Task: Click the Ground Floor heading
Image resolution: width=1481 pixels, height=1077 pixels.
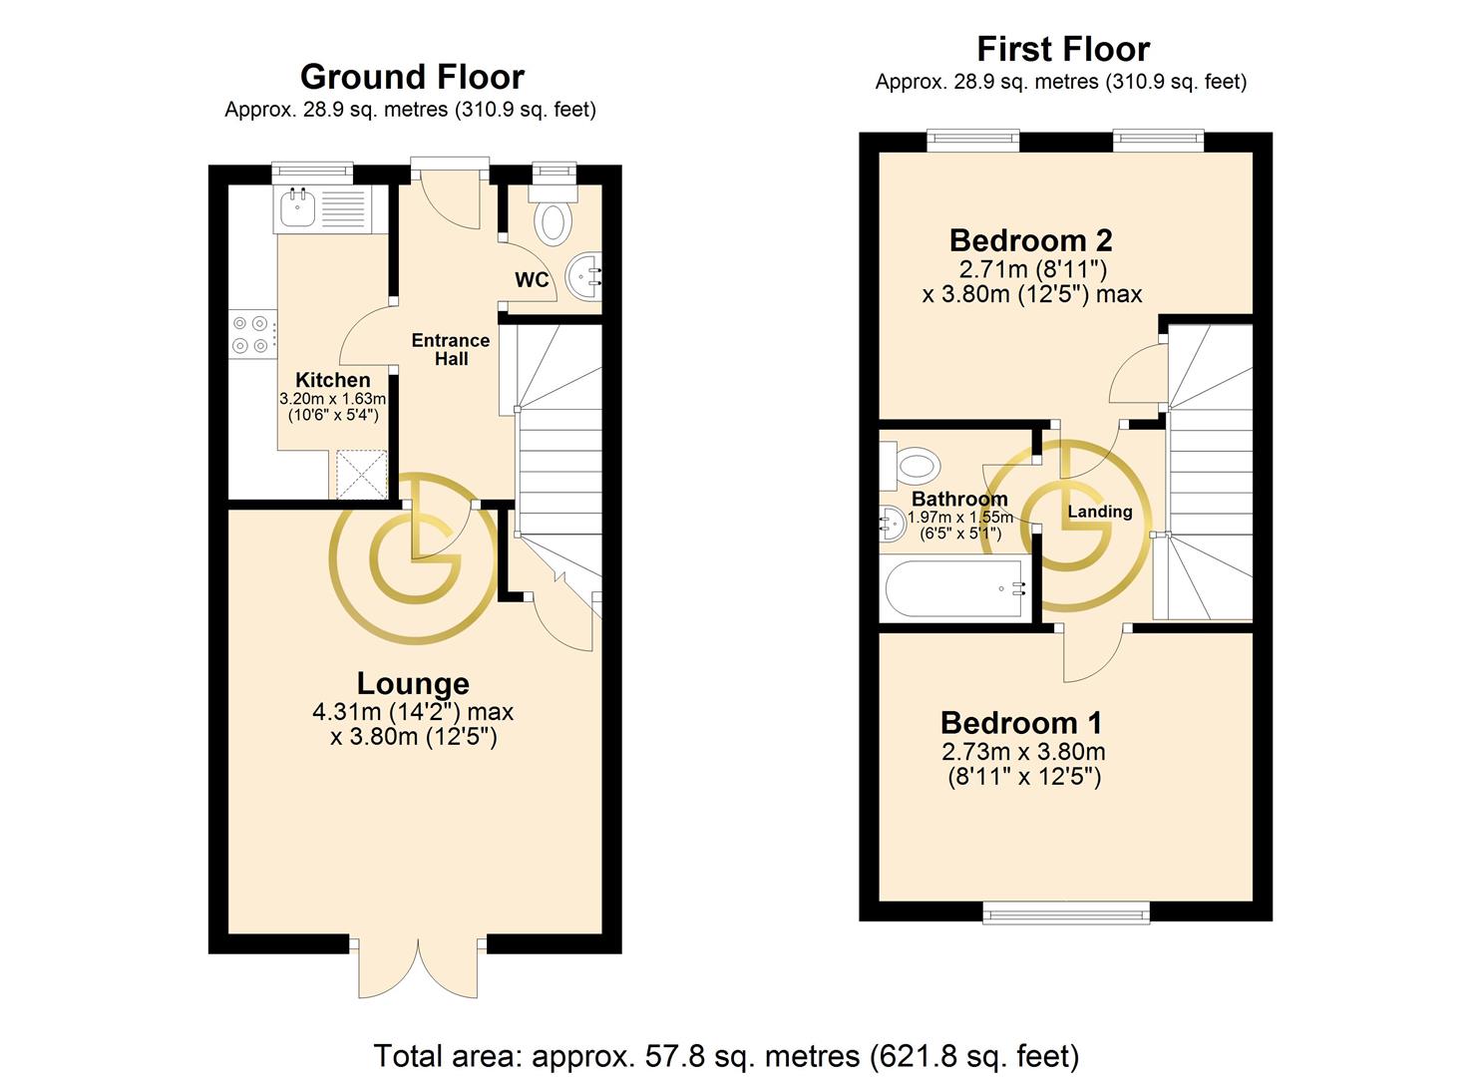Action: tap(412, 77)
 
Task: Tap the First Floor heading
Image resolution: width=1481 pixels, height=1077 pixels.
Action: tap(1063, 49)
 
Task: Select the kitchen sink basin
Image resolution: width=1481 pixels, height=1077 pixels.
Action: tap(297, 206)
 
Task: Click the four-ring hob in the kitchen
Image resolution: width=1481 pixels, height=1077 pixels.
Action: tap(251, 334)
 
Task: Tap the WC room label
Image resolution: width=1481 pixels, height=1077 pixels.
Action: tap(532, 280)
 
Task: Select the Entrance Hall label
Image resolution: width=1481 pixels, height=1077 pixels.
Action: tap(451, 350)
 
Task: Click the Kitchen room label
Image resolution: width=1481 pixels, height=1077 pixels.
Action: tap(332, 380)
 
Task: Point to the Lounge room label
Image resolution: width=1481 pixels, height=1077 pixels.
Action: tap(413, 684)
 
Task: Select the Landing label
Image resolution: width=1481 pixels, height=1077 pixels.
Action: tap(1099, 512)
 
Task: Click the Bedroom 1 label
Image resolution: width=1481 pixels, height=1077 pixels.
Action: tap(1021, 723)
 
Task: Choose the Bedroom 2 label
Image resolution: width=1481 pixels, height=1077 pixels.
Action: tap(1031, 240)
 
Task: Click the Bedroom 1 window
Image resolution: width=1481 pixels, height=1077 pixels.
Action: tap(1066, 914)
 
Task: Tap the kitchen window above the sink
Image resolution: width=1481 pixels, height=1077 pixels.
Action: tap(312, 173)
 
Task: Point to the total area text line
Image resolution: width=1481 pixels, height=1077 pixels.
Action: tap(726, 1056)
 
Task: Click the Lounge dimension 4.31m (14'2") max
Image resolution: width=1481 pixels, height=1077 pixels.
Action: tap(413, 712)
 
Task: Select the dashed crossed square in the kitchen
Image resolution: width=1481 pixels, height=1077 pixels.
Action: tap(361, 474)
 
